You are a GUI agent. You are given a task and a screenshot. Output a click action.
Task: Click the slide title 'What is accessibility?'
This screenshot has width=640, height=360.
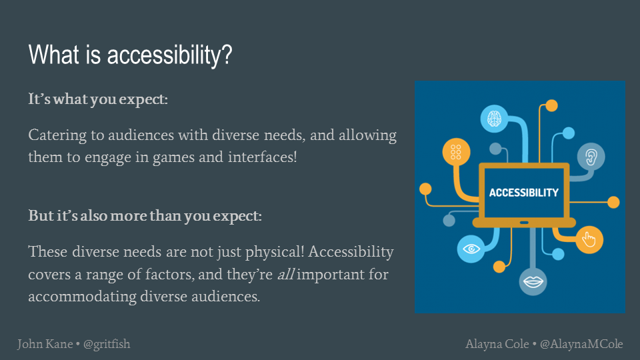click(x=130, y=55)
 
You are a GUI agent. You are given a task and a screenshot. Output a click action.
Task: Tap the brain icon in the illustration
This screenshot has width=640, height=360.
click(x=494, y=119)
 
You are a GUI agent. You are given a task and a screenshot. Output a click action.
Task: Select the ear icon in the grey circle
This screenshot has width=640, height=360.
click(x=591, y=157)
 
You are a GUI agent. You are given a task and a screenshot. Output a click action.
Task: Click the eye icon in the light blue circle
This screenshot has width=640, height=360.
click(x=471, y=249)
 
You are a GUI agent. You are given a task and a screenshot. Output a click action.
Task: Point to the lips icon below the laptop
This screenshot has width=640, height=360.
click(x=533, y=281)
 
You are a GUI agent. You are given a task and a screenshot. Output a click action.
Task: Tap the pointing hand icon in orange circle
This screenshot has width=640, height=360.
click(x=589, y=239)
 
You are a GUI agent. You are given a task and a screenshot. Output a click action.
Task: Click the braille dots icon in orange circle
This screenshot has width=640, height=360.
click(x=456, y=152)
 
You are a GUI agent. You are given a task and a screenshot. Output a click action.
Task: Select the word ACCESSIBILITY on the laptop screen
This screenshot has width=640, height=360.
click(x=524, y=193)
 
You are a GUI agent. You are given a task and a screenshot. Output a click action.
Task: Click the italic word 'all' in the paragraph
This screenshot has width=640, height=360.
click(x=286, y=274)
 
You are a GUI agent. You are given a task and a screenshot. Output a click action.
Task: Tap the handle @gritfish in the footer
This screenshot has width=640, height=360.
click(x=107, y=345)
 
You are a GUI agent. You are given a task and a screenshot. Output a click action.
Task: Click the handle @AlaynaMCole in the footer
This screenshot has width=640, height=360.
click(x=581, y=345)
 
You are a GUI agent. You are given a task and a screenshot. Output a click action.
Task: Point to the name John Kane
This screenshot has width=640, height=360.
click(x=45, y=344)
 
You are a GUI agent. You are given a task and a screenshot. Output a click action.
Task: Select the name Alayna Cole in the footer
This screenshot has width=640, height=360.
click(x=497, y=344)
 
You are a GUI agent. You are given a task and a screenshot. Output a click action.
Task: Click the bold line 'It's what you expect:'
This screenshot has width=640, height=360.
click(x=98, y=99)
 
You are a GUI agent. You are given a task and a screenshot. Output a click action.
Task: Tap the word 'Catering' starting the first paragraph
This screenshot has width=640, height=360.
click(x=57, y=135)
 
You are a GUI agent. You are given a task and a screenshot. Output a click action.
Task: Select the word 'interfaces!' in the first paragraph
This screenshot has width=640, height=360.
click(x=263, y=157)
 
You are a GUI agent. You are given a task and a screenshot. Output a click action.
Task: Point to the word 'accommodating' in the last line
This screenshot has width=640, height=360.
click(x=82, y=297)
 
